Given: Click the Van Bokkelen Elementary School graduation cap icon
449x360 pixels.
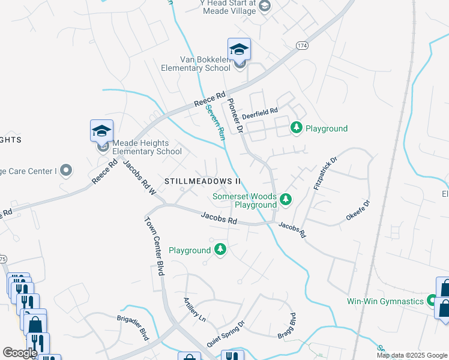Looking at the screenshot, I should pos(239,49).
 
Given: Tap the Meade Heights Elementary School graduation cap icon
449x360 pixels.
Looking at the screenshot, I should pos(102,131).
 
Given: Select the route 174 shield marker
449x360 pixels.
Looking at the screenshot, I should pos(302,45).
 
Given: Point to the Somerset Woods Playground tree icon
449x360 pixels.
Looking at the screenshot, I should pos(286,199).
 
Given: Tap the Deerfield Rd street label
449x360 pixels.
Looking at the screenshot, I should pos(260,112).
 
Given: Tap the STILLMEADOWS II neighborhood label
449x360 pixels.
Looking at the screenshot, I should pos(202,181).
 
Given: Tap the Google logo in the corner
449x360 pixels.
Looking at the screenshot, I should pos(20,353).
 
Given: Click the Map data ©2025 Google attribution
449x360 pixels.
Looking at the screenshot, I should pos(412,355).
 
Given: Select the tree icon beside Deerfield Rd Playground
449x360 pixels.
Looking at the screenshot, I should pos(296,127).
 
